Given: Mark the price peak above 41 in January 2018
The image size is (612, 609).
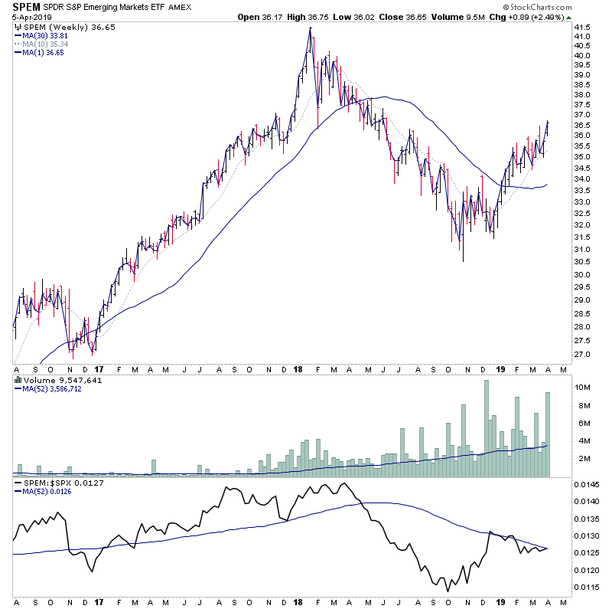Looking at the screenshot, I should click(310, 28).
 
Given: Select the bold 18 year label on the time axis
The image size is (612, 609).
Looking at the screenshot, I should click(297, 368).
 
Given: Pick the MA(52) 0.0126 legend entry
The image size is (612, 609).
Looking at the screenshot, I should click(51, 493).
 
